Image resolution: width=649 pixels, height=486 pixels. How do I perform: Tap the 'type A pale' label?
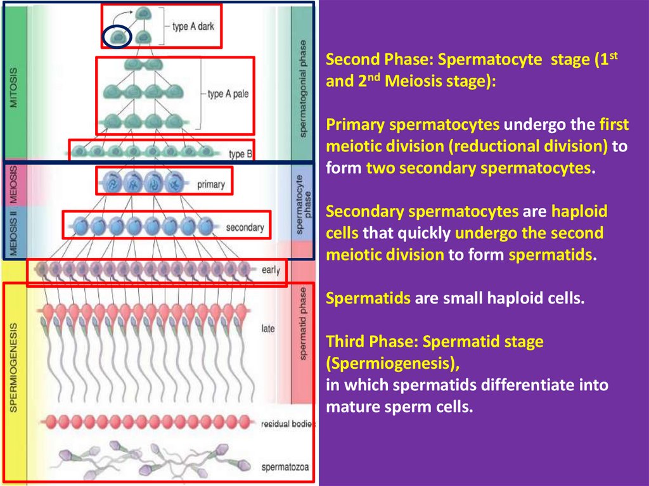[x=228, y=94]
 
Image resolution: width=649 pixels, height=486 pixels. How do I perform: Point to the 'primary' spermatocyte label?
[x=211, y=185]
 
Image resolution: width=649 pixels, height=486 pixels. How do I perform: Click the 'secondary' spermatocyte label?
[x=245, y=227]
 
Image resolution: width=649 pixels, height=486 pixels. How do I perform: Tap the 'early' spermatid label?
[x=270, y=271]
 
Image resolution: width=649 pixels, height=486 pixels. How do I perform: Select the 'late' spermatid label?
[x=267, y=329]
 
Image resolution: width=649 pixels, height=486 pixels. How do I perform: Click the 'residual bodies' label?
[x=288, y=423]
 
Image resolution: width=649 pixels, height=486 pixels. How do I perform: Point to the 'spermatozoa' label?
[x=285, y=468]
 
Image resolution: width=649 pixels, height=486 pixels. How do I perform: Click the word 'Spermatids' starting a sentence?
[x=368, y=298]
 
